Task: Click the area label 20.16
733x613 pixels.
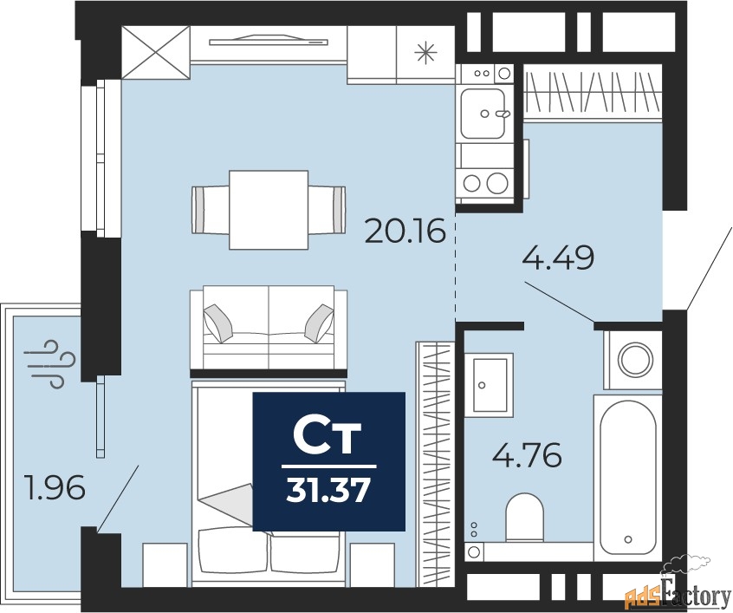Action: coord(405,232)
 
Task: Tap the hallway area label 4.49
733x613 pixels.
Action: coord(558,258)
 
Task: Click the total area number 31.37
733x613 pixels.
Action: coord(328,492)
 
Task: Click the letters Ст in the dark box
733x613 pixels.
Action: coord(328,438)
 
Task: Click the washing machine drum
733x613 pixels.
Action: coord(634,357)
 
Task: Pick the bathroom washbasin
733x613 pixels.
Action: coord(490,383)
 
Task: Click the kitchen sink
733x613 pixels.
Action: coord(483,113)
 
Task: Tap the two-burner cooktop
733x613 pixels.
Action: coord(483,182)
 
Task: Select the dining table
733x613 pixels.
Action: coord(269,209)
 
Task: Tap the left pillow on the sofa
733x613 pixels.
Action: coord(217,323)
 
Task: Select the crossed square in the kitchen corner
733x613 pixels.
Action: coord(155,53)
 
